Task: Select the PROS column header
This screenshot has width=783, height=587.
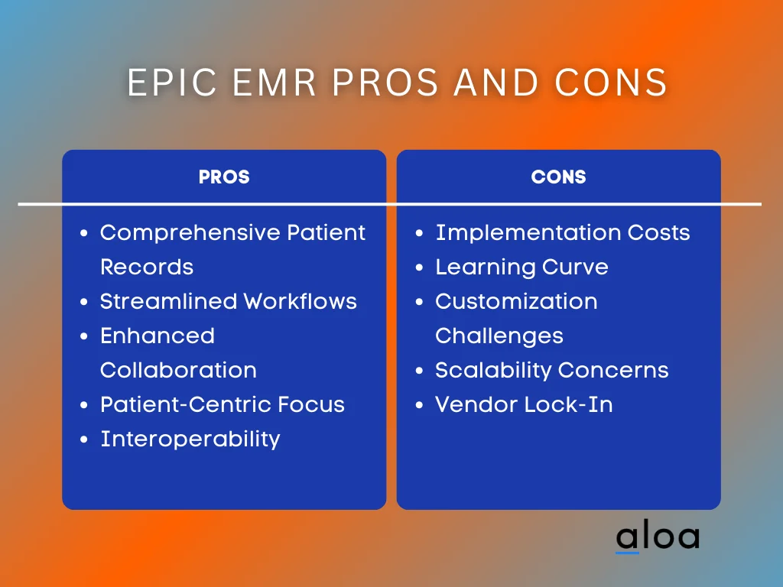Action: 224,177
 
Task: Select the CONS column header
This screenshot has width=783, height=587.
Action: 558,177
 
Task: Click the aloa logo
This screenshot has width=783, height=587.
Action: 657,537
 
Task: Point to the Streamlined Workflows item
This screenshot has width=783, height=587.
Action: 228,301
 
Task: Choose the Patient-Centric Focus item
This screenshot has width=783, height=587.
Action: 222,404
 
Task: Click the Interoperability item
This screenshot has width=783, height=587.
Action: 190,439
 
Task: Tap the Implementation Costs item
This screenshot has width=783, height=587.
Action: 562,232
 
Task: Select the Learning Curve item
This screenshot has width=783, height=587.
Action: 521,267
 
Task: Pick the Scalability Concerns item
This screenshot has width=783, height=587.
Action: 551,370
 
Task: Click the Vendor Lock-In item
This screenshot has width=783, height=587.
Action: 524,404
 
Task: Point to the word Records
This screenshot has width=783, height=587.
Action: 146,267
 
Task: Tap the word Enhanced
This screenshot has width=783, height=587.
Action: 157,336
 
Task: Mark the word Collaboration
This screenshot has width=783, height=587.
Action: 178,370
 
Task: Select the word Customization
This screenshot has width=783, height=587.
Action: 516,301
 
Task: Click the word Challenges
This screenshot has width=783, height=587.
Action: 499,336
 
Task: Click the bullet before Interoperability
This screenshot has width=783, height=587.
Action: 85,440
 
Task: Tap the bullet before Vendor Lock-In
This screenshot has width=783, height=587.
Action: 420,406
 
